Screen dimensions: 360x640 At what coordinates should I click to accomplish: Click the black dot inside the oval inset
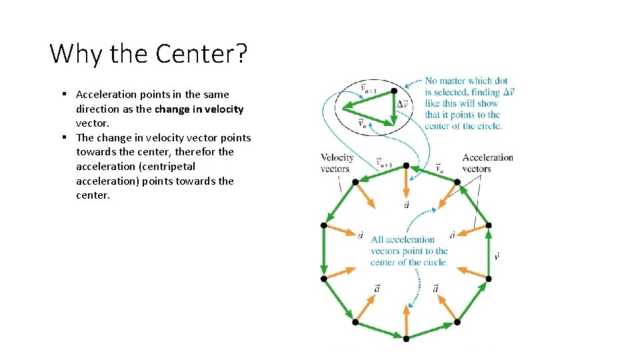click(394, 90)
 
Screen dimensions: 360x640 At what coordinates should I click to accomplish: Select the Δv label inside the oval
click(403, 104)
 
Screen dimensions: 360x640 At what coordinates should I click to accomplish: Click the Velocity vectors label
click(336, 163)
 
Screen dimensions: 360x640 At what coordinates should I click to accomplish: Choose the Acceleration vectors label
click(487, 163)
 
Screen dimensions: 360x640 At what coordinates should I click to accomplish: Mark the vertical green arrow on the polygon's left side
click(324, 252)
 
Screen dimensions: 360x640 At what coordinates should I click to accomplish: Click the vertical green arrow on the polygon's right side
click(488, 252)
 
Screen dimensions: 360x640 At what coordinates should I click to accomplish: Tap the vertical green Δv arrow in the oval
click(394, 107)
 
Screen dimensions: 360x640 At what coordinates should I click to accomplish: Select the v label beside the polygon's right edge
click(497, 256)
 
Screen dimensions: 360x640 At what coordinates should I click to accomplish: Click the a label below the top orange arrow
click(406, 205)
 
